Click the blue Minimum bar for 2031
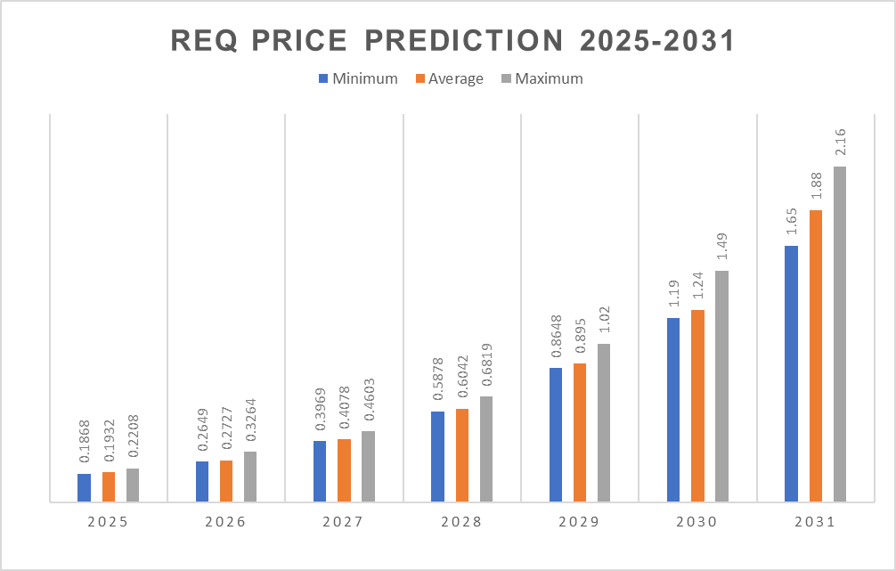click(x=791, y=373)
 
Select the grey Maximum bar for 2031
click(x=839, y=334)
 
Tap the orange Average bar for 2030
click(x=697, y=405)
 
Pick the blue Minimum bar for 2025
click(x=84, y=487)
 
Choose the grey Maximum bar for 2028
click(x=485, y=449)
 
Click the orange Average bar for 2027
click(x=344, y=470)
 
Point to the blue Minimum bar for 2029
click(x=556, y=435)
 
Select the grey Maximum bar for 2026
click(x=250, y=477)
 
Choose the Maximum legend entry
click(x=542, y=78)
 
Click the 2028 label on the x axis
click(x=461, y=522)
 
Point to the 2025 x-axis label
click(x=108, y=522)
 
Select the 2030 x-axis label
click(x=696, y=522)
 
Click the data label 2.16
click(x=840, y=143)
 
